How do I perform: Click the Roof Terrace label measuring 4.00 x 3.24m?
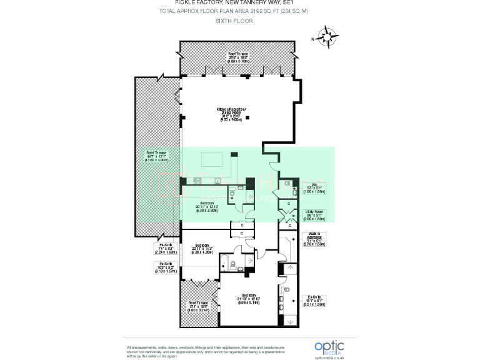coord(198,306)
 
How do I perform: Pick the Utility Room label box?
coord(315,216)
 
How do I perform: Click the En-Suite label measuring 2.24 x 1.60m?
coord(166,248)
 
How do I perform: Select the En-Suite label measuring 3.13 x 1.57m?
coord(166,267)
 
